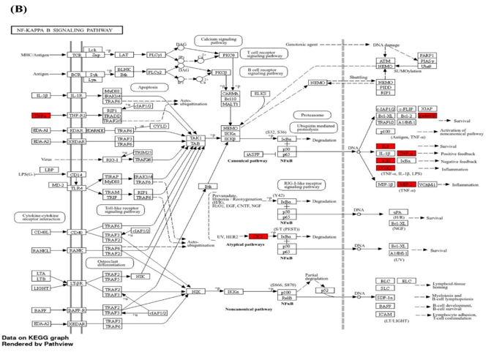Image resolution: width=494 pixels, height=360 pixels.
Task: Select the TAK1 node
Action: point(195,138)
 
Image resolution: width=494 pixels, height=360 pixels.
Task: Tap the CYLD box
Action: point(159,126)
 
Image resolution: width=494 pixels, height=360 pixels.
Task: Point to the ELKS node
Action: point(260,94)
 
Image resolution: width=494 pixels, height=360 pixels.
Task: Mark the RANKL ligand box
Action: point(42,250)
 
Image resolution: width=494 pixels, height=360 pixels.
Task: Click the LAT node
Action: point(124,55)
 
